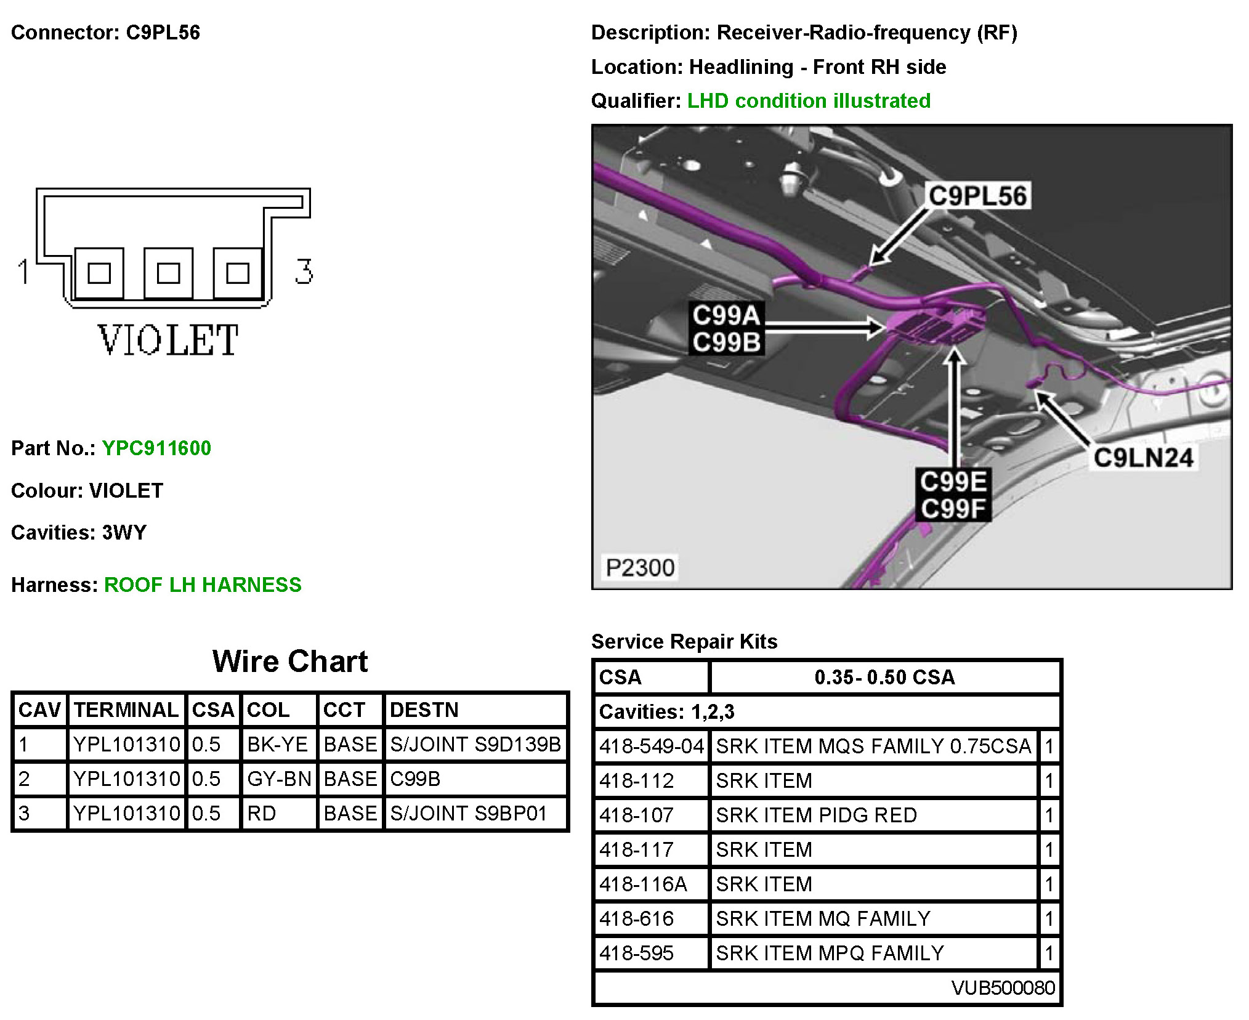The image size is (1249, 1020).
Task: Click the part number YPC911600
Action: (x=156, y=448)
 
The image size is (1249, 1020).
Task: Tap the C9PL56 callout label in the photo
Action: (x=977, y=196)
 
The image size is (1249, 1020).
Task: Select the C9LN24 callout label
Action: (x=1143, y=458)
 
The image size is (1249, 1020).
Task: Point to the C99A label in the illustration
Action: (x=726, y=315)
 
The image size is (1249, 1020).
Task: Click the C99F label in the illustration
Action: (x=953, y=509)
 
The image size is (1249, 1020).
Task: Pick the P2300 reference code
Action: (x=640, y=567)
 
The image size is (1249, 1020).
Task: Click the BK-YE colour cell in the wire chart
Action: (x=277, y=745)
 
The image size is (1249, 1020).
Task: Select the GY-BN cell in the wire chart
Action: (x=279, y=779)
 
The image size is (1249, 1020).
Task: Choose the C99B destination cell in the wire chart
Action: (x=415, y=779)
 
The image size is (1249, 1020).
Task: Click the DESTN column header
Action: (x=424, y=710)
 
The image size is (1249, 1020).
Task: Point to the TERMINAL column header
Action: (x=126, y=710)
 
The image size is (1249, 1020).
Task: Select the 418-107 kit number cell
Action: (x=637, y=816)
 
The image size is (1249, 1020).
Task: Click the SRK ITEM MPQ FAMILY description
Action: (x=830, y=953)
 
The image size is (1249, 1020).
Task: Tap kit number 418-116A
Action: (x=643, y=884)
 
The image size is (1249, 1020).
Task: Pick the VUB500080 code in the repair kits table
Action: (x=1003, y=988)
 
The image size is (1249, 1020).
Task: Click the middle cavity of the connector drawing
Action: (x=168, y=273)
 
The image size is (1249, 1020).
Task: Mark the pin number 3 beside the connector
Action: (x=304, y=272)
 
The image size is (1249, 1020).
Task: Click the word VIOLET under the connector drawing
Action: (x=168, y=340)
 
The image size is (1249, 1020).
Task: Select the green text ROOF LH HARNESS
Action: (x=203, y=585)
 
